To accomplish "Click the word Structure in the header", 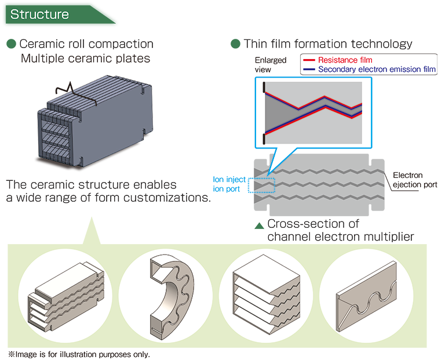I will coord(40,14).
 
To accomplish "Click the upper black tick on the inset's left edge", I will coord(264,87).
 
